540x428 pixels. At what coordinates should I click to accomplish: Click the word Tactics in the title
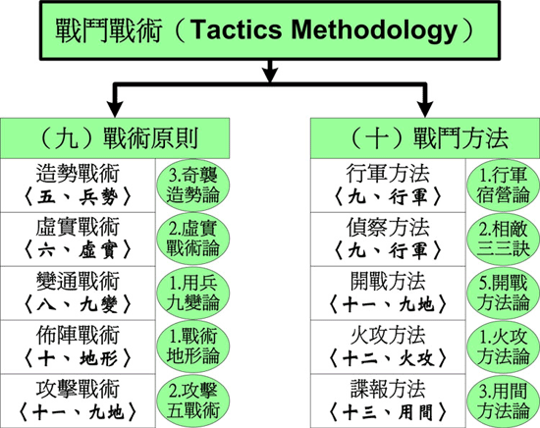point(236,29)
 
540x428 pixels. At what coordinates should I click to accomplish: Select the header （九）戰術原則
point(115,138)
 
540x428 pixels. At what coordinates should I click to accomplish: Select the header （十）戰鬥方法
point(425,138)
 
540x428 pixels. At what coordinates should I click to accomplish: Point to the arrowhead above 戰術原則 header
point(115,109)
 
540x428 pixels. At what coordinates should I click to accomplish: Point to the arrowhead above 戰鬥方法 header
point(425,109)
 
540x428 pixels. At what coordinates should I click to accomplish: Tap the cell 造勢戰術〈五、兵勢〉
point(78,186)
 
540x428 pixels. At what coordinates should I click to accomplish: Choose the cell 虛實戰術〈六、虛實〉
point(78,239)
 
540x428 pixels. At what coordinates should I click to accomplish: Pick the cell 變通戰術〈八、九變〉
point(78,293)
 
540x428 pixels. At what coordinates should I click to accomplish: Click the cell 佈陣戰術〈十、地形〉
point(78,347)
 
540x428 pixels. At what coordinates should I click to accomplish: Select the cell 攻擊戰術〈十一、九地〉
point(78,401)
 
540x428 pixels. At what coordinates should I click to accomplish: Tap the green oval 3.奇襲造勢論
point(193,186)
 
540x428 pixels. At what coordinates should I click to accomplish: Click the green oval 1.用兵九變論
point(193,294)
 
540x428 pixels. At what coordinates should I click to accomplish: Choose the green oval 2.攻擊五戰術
point(193,401)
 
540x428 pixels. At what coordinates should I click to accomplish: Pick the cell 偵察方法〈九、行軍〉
point(388,239)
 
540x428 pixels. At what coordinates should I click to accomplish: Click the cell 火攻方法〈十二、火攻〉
point(388,347)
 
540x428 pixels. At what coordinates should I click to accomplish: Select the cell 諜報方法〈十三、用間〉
point(388,401)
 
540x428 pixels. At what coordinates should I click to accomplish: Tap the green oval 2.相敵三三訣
point(503,239)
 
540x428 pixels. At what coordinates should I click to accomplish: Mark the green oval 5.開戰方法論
point(503,294)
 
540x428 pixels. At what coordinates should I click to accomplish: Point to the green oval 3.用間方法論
point(503,401)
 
